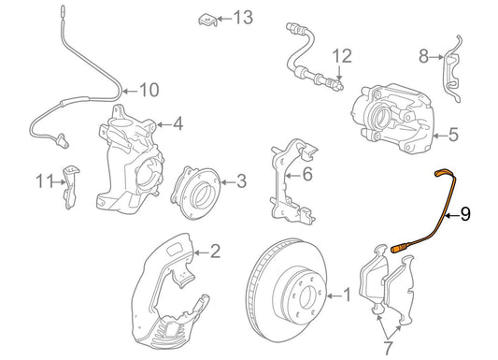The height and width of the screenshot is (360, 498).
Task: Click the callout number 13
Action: [243, 17]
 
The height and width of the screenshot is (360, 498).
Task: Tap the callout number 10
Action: [149, 91]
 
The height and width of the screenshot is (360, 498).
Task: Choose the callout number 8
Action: [424, 57]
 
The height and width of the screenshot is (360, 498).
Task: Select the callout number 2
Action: [215, 251]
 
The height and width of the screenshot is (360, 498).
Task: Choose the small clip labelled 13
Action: [207, 19]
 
